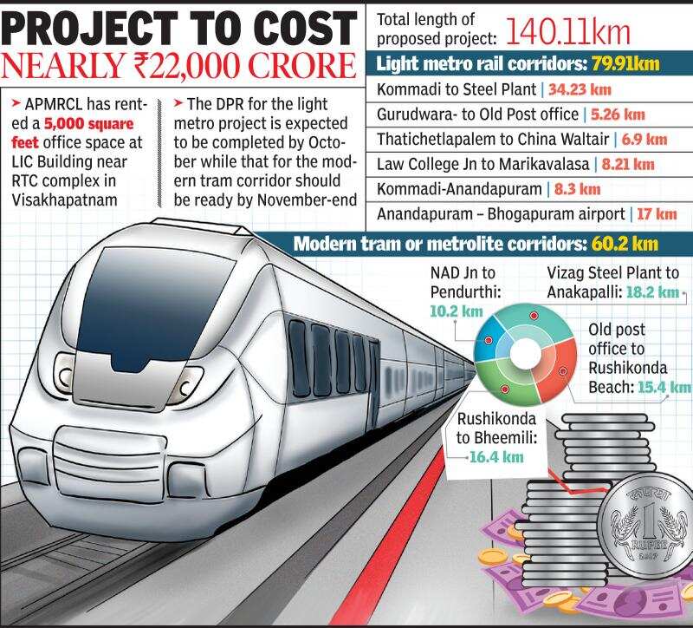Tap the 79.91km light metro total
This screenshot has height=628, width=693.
point(640,65)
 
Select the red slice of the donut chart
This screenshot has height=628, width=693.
point(556,372)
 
